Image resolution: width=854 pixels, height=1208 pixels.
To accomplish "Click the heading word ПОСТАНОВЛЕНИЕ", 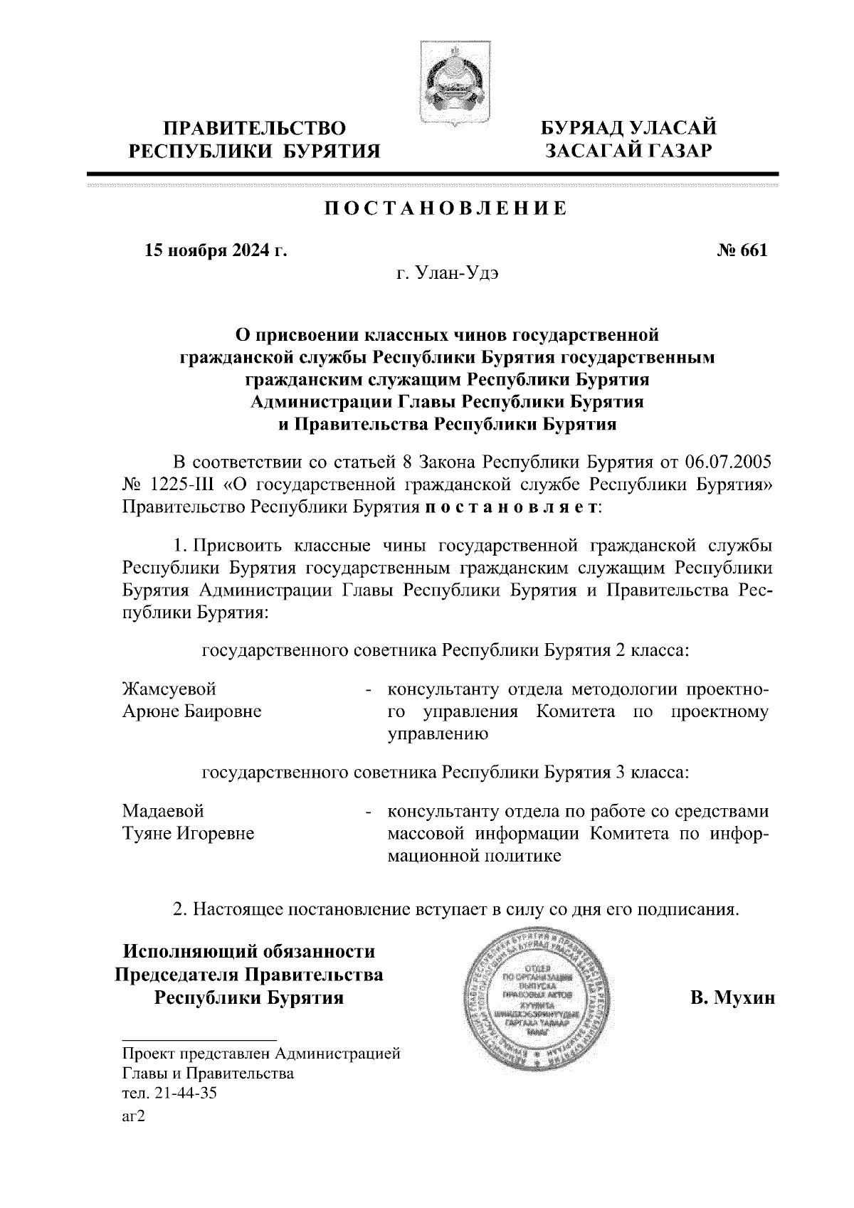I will tap(446, 209).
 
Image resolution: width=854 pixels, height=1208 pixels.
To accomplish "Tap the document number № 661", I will tap(742, 250).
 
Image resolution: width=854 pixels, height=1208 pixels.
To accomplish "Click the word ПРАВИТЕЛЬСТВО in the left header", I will tap(255, 129).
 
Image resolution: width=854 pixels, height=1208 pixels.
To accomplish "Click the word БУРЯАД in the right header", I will tap(581, 129).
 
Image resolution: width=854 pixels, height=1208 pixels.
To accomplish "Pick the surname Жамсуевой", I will tap(169, 689).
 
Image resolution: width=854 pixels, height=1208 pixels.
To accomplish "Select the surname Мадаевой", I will tap(164, 811).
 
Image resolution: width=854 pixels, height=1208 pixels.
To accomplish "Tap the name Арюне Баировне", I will tap(192, 711).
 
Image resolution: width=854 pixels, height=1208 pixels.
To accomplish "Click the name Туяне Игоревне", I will tap(189, 833).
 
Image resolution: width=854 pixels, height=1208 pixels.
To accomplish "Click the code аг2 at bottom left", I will tap(134, 1117).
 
